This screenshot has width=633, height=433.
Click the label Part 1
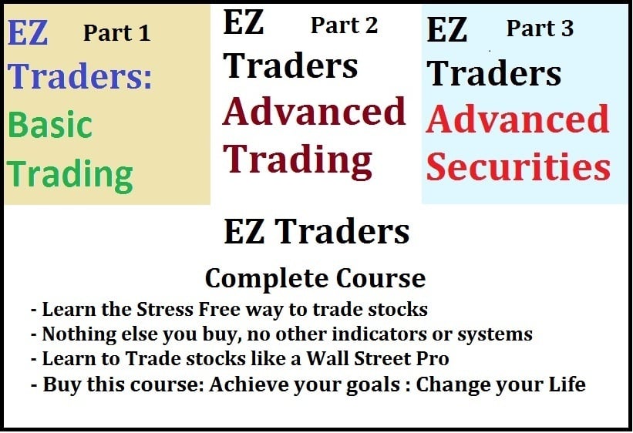click(116, 32)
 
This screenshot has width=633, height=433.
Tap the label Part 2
click(344, 25)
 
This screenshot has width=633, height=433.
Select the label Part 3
click(540, 29)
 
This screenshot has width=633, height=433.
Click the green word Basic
click(50, 126)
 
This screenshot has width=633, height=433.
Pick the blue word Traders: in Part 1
click(82, 77)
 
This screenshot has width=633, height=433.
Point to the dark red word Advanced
click(314, 112)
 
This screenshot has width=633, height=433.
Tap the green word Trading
click(70, 175)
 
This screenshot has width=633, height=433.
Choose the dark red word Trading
click(298, 159)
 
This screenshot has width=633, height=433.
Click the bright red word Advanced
click(518, 119)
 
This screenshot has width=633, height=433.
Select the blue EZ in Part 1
click(28, 33)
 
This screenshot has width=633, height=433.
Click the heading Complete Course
click(315, 277)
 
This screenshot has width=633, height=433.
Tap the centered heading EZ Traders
click(316, 231)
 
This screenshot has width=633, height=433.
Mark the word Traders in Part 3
click(494, 73)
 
